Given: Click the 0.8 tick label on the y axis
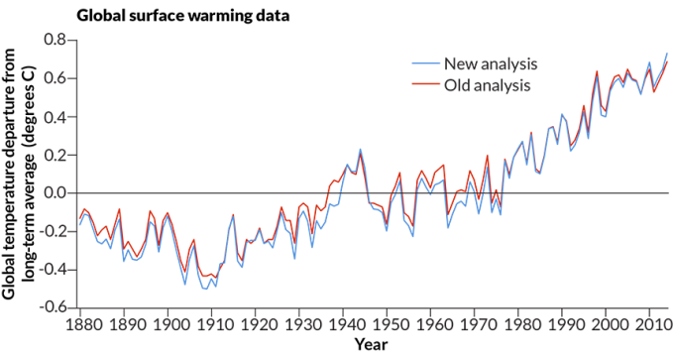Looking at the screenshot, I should pyautogui.click(x=56, y=41).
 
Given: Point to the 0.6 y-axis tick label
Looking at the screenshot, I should pyautogui.click(x=56, y=78).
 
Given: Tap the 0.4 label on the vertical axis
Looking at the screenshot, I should pyautogui.click(x=56, y=117).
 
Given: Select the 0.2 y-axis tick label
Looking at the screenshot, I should pyautogui.click(x=56, y=155).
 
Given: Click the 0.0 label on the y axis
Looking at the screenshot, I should pyautogui.click(x=56, y=192).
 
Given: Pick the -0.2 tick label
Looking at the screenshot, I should pyautogui.click(x=53, y=231).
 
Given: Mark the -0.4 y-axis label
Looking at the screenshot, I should pyautogui.click(x=53, y=269).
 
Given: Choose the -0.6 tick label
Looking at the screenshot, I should pyautogui.click(x=53, y=306).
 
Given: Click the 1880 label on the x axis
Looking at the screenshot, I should pyautogui.click(x=80, y=324).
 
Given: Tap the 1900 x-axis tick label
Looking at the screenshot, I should pyautogui.click(x=168, y=324).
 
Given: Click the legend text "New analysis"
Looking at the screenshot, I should pyautogui.click(x=491, y=63).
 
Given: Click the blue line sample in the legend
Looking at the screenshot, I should pyautogui.click(x=425, y=63).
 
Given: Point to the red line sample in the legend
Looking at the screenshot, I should pyautogui.click(x=425, y=85).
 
